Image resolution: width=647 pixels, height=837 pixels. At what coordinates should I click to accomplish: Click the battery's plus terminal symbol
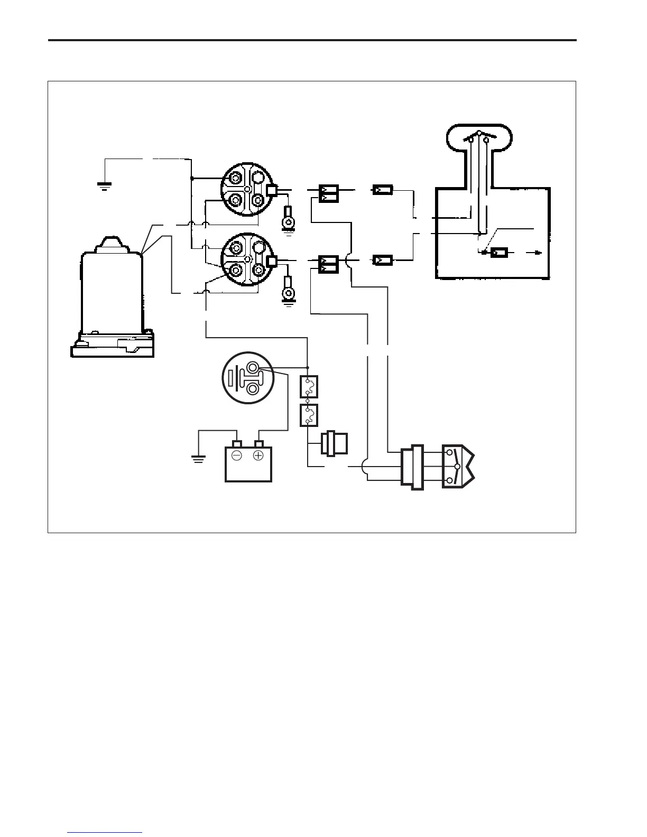tap(258, 455)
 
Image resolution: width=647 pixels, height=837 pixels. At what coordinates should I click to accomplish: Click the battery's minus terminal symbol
tap(237, 455)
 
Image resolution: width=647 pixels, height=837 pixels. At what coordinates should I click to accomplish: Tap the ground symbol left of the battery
tap(198, 458)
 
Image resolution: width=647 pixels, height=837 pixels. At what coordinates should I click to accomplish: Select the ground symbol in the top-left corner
tap(104, 185)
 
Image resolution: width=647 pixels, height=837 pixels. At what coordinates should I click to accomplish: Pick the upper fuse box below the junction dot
tap(309, 387)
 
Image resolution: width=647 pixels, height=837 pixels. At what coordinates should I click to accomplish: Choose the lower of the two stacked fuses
tap(309, 415)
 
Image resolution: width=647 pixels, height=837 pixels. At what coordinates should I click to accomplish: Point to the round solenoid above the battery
tap(247, 377)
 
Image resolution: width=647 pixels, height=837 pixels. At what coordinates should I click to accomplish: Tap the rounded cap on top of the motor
tap(112, 244)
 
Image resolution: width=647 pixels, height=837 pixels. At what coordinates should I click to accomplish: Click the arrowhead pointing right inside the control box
tap(538, 253)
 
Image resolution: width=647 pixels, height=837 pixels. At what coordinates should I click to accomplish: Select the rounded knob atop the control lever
tap(479, 137)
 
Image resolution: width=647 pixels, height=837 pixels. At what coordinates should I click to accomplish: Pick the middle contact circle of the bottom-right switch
tap(458, 467)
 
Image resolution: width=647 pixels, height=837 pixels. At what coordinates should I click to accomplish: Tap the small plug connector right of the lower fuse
tap(334, 443)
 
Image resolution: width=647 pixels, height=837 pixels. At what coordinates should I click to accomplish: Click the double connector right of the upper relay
tap(328, 193)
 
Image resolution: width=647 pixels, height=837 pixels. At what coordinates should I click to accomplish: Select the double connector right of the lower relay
tap(328, 264)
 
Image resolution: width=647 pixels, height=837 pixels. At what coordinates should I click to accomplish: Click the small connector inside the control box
tap(499, 253)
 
